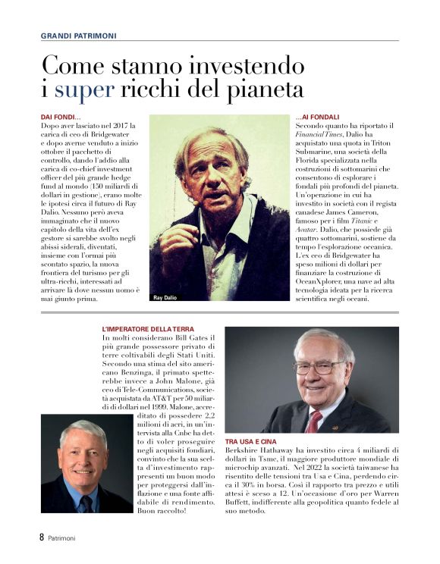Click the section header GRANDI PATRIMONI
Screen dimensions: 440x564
78,35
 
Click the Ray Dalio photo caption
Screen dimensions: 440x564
165,297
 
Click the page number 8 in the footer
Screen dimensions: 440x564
42,537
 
